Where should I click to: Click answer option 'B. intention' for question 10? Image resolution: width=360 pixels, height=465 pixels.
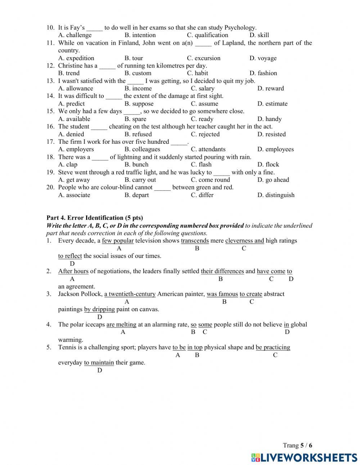(140, 35)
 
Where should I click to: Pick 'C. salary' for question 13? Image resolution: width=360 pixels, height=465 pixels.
(202, 89)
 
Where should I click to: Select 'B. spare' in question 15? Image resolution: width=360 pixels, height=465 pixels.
(135, 119)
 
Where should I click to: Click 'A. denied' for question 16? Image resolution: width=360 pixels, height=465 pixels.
(71, 134)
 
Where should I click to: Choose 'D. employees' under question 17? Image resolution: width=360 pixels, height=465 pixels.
(275, 149)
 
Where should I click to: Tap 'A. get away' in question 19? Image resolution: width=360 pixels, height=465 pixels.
(74, 180)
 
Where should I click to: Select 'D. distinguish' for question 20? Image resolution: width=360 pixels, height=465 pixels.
(276, 195)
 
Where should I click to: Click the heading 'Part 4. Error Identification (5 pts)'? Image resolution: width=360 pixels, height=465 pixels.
(95, 218)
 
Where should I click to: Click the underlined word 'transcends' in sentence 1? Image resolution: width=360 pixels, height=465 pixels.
(195, 241)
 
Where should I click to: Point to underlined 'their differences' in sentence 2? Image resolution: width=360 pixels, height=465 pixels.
(222, 271)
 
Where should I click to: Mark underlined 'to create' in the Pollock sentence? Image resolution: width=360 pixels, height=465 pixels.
(251, 294)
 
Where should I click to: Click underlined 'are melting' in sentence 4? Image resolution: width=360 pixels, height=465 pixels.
(121, 325)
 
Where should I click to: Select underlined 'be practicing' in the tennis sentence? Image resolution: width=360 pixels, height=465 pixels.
(273, 348)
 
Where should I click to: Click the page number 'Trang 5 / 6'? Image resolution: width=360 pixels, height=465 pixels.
(297, 446)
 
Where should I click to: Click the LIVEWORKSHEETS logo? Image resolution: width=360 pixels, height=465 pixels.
(304, 457)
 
